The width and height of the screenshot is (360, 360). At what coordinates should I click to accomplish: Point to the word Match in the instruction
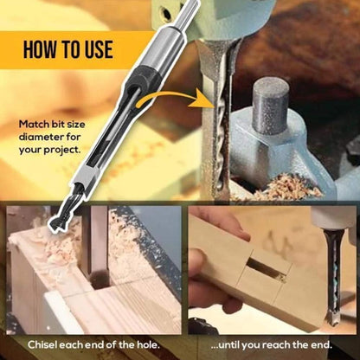(35, 124)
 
